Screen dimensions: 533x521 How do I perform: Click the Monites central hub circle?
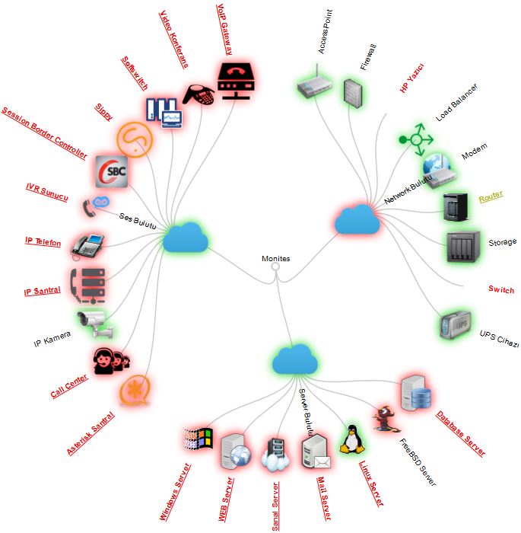pyautogui.click(x=276, y=267)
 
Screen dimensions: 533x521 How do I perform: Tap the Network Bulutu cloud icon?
pyautogui.click(x=357, y=219)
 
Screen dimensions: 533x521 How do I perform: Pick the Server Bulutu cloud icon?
pyautogui.click(x=294, y=359)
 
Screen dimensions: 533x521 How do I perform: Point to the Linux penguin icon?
pyautogui.click(x=350, y=440)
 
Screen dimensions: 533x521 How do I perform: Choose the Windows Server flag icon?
pyautogui.click(x=199, y=441)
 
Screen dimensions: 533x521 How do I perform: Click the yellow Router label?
pyautogui.click(x=491, y=196)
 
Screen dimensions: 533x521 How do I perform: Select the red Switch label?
pyautogui.click(x=501, y=290)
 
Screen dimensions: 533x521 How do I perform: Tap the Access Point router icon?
pyautogui.click(x=313, y=84)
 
